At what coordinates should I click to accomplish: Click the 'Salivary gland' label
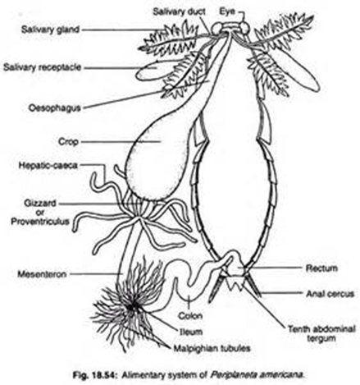(50, 30)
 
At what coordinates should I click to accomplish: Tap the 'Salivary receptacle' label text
(43, 67)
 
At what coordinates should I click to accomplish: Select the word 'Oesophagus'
(55, 108)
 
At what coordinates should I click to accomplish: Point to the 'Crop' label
(68, 142)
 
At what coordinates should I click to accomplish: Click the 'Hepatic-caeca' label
(48, 165)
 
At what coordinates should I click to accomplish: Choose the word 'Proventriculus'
(40, 221)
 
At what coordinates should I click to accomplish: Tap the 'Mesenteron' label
(42, 274)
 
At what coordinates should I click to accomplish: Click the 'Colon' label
(190, 316)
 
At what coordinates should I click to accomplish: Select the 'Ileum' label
(191, 332)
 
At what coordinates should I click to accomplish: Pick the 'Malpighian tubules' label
(212, 348)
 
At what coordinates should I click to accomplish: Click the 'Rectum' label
(321, 268)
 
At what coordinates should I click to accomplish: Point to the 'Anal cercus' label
(330, 294)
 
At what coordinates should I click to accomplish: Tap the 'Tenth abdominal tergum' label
(321, 333)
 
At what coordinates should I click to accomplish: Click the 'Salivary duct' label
(179, 11)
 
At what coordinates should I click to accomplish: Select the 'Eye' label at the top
(227, 11)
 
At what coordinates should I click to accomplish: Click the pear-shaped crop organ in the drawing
(158, 154)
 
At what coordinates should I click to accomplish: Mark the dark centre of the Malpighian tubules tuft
(131, 307)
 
